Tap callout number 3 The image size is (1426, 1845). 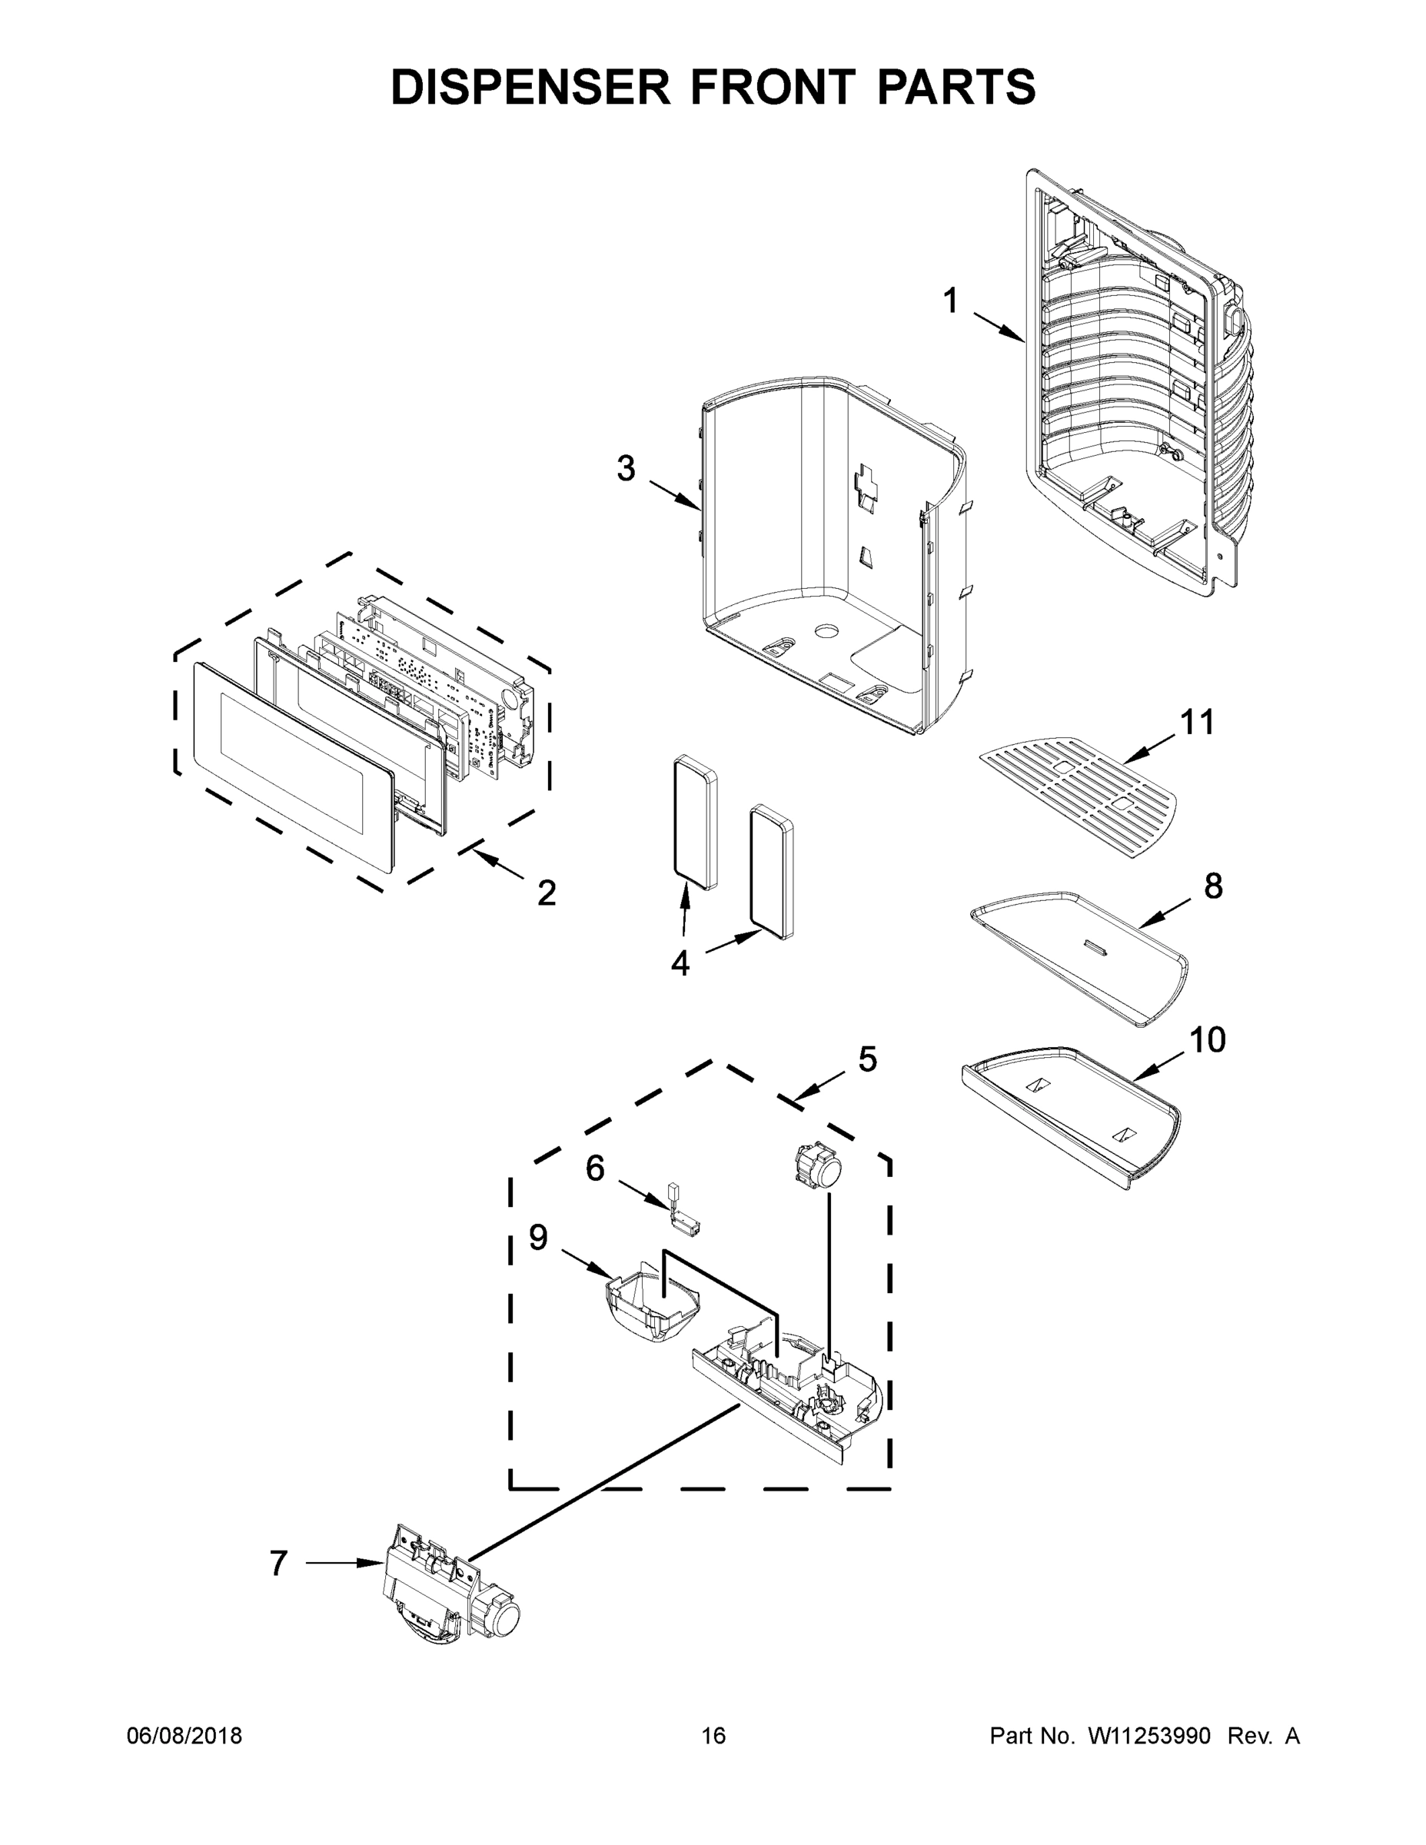(x=625, y=469)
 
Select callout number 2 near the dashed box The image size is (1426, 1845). (x=547, y=893)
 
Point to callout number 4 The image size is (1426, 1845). (x=680, y=963)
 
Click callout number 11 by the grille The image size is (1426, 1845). (x=1196, y=723)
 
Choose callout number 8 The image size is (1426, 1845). (x=1212, y=886)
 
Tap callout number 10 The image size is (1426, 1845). (x=1207, y=1041)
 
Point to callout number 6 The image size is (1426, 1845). (x=595, y=1168)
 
